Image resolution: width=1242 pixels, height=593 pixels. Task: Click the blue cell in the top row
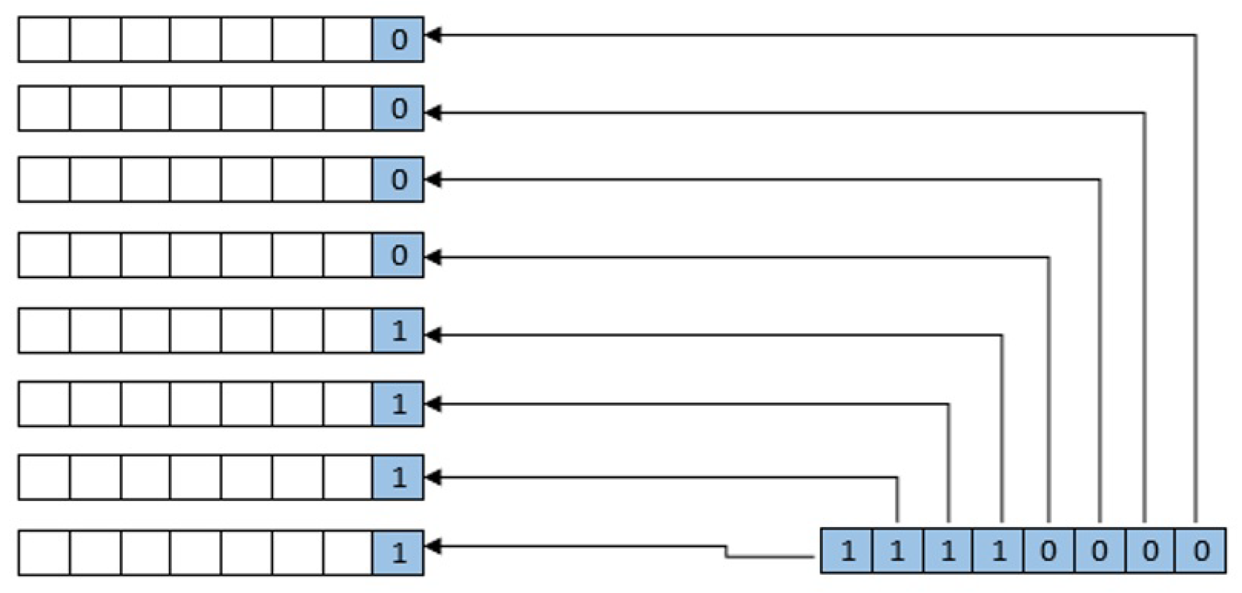[x=398, y=40]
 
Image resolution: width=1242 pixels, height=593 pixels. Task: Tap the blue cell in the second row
[x=398, y=109]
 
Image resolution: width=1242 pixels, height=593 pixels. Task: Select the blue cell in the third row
[x=398, y=180]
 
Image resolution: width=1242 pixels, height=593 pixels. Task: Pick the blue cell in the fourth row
[x=398, y=255]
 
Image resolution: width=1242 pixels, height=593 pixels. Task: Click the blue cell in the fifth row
[x=398, y=330]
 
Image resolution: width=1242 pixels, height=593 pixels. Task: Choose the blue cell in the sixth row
[x=398, y=404]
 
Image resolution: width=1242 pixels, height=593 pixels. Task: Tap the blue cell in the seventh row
[x=398, y=477]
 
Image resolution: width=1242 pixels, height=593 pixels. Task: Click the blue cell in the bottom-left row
[x=398, y=553]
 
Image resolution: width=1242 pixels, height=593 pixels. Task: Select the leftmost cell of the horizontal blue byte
[x=847, y=551]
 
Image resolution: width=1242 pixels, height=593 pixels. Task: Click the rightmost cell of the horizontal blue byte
[x=1201, y=551]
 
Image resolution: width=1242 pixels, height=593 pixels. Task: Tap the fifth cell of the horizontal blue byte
[x=1049, y=551]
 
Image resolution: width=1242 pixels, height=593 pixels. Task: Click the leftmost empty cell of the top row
[x=44, y=40]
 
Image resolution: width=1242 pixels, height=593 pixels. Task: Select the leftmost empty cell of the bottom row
[x=44, y=553]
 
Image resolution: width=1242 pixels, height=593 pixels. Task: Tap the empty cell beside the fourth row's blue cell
[x=348, y=255]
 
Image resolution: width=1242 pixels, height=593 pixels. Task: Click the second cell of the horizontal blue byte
[x=898, y=551]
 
